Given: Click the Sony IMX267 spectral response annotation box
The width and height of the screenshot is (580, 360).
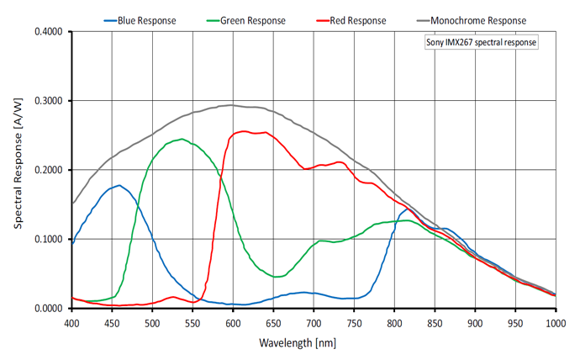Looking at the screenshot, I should [481, 42].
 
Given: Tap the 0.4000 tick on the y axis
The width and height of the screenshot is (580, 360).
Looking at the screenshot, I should [49, 32].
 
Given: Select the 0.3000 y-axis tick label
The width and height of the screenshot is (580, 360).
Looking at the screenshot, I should [49, 101].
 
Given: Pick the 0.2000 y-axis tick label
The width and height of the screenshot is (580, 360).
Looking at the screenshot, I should [49, 170].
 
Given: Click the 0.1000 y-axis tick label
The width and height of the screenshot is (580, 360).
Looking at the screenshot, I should [49, 239].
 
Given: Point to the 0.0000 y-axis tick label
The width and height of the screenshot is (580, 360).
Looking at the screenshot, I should [49, 309].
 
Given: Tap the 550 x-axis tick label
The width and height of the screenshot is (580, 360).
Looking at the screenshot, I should [192, 322].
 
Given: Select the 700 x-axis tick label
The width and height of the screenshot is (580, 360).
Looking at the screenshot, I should [314, 322].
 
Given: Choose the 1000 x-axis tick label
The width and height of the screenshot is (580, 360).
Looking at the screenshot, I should [555, 322].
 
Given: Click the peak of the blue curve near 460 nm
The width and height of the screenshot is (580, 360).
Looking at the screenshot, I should [119, 185].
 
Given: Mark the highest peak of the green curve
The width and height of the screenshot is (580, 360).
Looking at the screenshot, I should [182, 139].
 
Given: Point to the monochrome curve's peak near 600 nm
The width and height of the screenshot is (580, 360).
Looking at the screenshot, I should [231, 105].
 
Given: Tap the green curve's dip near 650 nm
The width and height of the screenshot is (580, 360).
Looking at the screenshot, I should [275, 277].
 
